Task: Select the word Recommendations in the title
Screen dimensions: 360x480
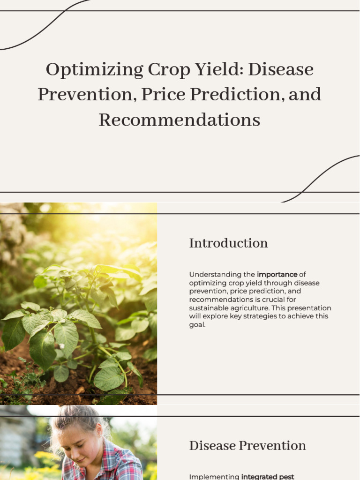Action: [180, 120]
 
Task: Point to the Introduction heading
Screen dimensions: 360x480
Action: [228, 243]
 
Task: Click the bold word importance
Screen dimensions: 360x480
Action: [277, 275]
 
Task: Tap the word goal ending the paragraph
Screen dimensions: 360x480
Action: [197, 325]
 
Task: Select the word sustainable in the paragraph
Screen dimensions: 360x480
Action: [209, 308]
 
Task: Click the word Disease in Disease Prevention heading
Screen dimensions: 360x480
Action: [212, 445]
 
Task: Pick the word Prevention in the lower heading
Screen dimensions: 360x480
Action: [272, 445]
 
